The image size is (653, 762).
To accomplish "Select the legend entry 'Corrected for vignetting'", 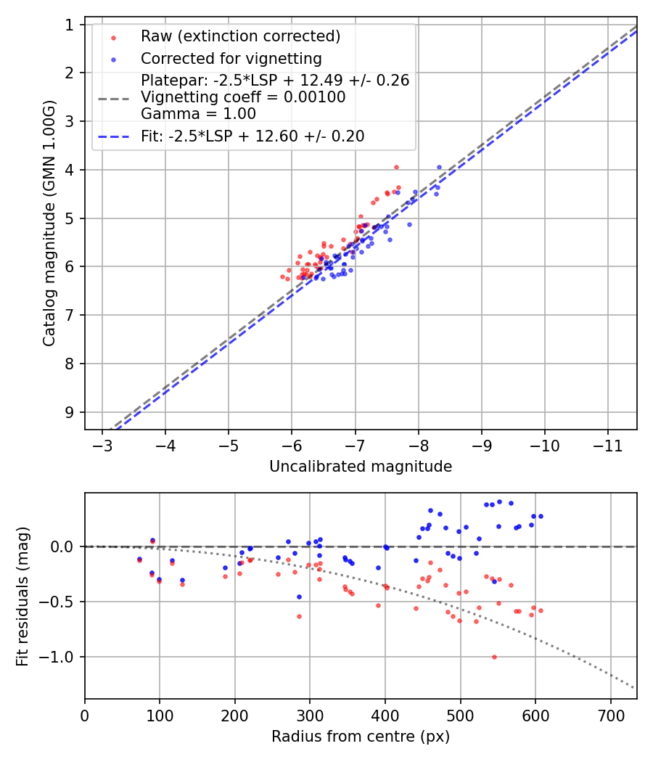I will [x=231, y=58].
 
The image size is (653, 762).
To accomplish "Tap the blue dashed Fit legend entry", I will [x=252, y=136].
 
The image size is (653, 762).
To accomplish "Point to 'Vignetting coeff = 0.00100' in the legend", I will [x=242, y=97].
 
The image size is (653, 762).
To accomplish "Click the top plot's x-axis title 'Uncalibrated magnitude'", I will [x=361, y=467].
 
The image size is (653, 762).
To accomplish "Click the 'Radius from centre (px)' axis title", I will [x=361, y=737].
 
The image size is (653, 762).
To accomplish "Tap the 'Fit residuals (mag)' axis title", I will [x=22, y=595].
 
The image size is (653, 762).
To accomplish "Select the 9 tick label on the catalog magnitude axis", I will [x=70, y=412].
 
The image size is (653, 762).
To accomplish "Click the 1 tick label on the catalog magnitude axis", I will [x=70, y=25].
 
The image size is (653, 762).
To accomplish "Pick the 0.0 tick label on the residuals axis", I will [x=64, y=546].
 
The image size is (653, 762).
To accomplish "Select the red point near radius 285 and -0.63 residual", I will [x=299, y=616].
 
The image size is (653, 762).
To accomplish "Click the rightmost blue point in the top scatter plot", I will [x=439, y=167].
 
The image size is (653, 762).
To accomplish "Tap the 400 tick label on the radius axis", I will [x=385, y=715].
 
